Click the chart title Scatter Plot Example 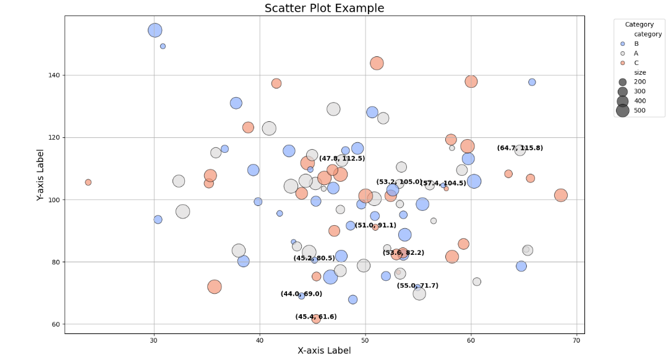pyautogui.click(x=324, y=8)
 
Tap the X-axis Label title pyautogui.click(x=324, y=351)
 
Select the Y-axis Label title pyautogui.click(x=40, y=174)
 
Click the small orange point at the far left pyautogui.click(x=88, y=182)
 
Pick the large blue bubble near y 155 pyautogui.click(x=155, y=30)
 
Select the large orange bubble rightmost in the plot pyautogui.click(x=561, y=195)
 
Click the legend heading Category pyautogui.click(x=639, y=25)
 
